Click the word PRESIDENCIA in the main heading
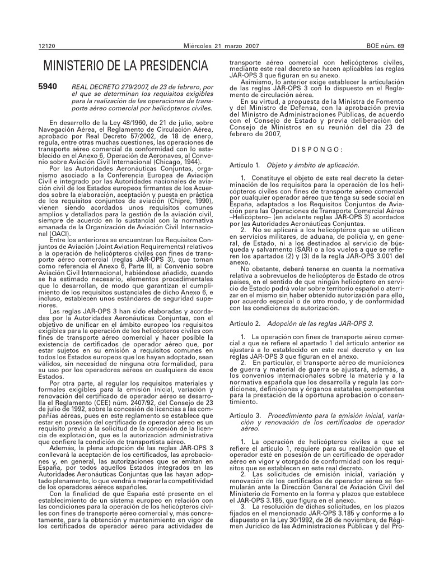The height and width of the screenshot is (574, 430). click(164, 66)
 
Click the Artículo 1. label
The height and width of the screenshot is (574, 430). click(245, 166)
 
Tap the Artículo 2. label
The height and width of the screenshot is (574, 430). click(245, 324)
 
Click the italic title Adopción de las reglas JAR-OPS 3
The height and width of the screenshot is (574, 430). click(320, 324)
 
